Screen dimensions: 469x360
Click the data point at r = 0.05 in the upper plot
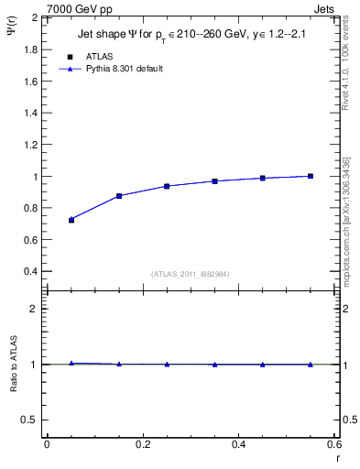pyautogui.click(x=71, y=220)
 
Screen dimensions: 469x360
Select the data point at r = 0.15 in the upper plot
pyautogui.click(x=119, y=196)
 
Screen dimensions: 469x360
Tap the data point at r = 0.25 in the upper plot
pyautogui.click(x=167, y=186)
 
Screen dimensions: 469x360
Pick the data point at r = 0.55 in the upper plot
pyautogui.click(x=311, y=176)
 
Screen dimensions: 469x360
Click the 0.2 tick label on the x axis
pyautogui.click(x=142, y=444)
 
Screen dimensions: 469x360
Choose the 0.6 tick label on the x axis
pyautogui.click(x=334, y=444)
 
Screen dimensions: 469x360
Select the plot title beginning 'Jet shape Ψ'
pyautogui.click(x=193, y=36)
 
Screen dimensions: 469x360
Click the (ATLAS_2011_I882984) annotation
pyautogui.click(x=191, y=275)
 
